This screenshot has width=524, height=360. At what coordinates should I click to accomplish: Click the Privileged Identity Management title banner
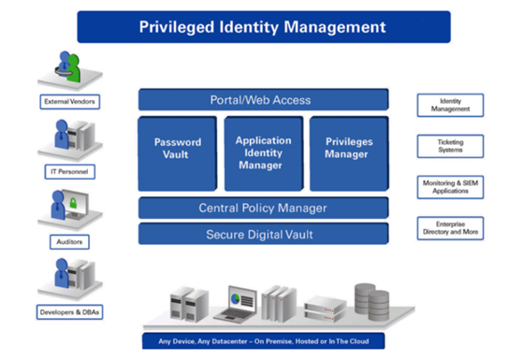263,26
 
